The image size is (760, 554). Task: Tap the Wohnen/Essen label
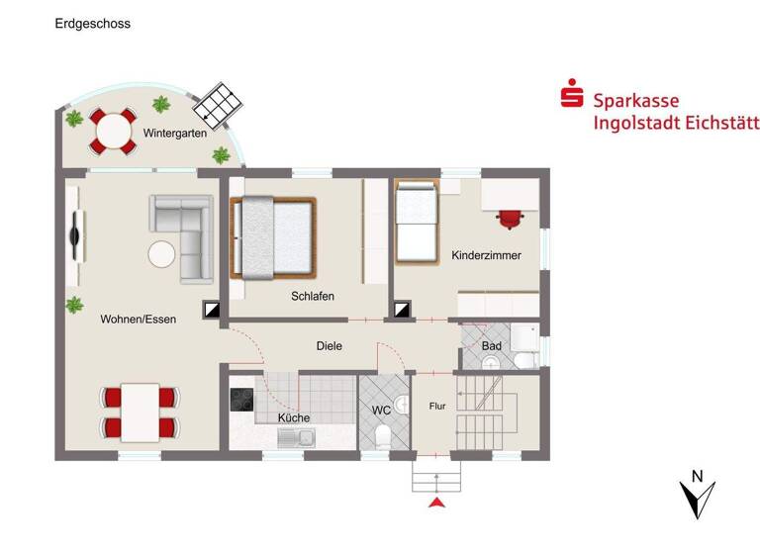[138, 319]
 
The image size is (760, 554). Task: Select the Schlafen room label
[312, 296]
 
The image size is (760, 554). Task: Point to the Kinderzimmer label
[486, 255]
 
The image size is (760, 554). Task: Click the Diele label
[329, 346]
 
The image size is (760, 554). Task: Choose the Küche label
[294, 417]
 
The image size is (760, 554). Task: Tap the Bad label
[491, 346]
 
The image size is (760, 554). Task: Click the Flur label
[438, 406]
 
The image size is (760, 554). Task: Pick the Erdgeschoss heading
[92, 22]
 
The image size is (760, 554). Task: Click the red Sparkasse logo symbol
[571, 99]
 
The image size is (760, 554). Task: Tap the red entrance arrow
[435, 506]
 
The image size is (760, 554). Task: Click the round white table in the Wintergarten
[113, 131]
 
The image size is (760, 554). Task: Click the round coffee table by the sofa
[162, 254]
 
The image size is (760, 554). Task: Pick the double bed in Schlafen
[273, 237]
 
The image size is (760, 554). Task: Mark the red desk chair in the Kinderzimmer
[510, 218]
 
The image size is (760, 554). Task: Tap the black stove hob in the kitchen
[242, 400]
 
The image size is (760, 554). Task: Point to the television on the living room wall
[75, 235]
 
